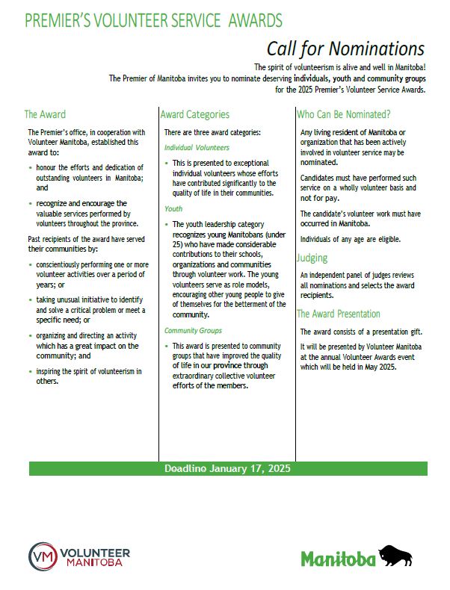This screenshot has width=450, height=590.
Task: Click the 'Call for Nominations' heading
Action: tap(345, 49)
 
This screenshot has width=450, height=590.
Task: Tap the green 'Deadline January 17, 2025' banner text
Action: tap(227, 469)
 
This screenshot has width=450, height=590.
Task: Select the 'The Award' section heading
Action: tap(45, 114)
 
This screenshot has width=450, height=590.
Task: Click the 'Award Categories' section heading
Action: tap(195, 114)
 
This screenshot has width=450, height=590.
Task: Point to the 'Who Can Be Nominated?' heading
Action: tap(344, 114)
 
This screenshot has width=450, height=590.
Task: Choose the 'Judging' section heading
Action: tap(312, 258)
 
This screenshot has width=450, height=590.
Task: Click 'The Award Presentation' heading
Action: tap(339, 314)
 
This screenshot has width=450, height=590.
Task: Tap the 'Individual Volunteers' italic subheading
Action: tap(197, 148)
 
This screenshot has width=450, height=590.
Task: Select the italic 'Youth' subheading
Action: tap(173, 209)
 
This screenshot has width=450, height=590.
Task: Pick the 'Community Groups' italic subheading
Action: tap(194, 330)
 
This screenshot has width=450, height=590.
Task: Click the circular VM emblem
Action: tap(43, 556)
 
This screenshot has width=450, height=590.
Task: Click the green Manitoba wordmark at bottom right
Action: tap(337, 558)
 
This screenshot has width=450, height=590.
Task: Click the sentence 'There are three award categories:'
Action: tap(212, 132)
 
